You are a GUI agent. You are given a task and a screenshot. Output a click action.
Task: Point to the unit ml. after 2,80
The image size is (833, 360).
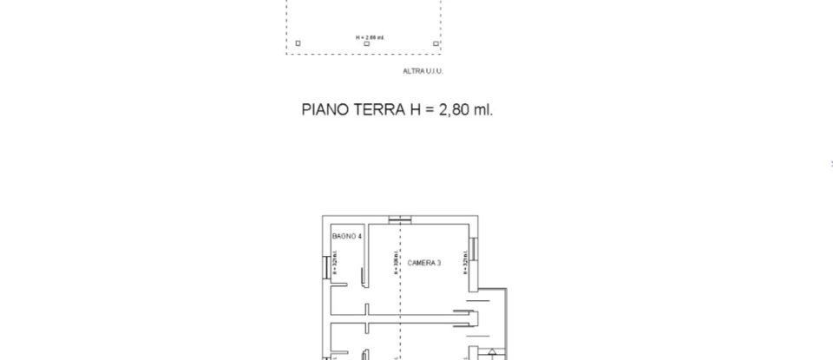pos(482,110)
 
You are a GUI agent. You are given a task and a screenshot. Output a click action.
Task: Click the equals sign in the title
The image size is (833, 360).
pos(429,110)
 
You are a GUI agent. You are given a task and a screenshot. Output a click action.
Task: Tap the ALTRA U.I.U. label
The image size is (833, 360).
pos(423,71)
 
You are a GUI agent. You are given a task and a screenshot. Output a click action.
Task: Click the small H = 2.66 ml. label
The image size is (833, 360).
pos(369,37)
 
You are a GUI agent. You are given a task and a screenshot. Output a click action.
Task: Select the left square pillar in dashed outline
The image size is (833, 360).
pos(298,43)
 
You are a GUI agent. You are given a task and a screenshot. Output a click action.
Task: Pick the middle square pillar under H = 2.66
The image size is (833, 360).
pos(366,43)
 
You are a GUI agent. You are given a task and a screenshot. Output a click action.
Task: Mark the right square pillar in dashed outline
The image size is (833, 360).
pos(436,43)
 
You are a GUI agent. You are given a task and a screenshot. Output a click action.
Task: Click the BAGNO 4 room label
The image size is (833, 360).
pos(347,236)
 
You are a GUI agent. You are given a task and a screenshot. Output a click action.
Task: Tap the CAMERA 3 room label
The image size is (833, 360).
pos(424,263)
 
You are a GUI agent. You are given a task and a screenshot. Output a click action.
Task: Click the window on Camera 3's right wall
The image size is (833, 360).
pos(473,248)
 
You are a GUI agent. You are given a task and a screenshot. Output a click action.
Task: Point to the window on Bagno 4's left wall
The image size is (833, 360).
pos(325,268)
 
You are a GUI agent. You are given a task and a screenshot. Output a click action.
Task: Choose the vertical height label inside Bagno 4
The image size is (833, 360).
pos(335,260)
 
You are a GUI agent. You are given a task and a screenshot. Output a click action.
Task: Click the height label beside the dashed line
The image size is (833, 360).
pos(395,263)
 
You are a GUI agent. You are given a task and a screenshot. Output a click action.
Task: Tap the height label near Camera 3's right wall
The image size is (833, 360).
pos(465,263)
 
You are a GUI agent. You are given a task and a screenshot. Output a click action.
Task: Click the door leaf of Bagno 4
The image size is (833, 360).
pos(363,274)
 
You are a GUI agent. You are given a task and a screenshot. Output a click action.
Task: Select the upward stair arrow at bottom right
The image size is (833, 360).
pos(492,352)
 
